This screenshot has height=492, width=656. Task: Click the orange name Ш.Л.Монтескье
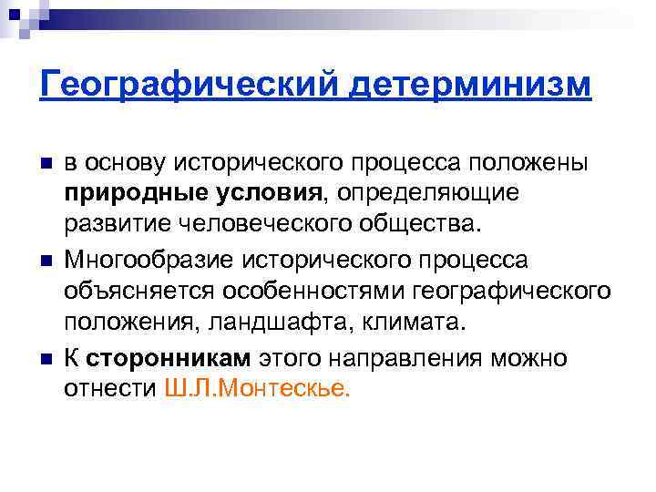point(257,389)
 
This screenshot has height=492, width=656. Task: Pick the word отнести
point(110,389)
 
